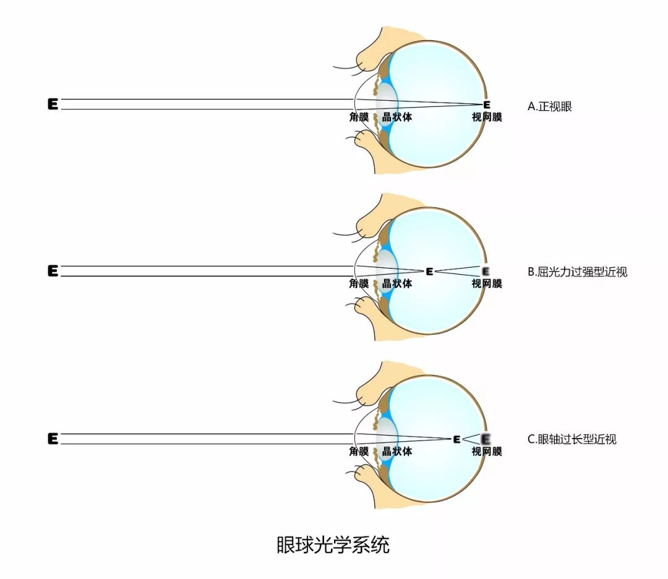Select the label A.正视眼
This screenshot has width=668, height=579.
(549, 106)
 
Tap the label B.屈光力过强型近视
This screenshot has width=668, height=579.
(577, 272)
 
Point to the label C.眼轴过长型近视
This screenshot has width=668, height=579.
(572, 440)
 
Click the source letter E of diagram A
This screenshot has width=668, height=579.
(53, 105)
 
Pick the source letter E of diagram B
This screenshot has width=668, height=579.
(53, 271)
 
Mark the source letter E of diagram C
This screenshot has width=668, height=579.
(53, 439)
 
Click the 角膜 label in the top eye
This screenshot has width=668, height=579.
(359, 117)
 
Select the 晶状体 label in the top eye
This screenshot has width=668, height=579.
(397, 117)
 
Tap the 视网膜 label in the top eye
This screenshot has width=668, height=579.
(487, 117)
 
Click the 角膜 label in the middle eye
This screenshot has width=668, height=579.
(359, 284)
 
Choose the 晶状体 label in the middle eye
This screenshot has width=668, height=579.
(397, 284)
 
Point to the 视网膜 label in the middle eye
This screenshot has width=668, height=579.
(487, 284)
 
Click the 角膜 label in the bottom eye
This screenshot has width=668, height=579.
(359, 452)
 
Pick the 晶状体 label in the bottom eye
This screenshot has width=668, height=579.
(397, 452)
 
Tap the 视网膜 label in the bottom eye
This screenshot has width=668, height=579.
(487, 452)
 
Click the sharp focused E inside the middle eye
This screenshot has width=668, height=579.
(429, 271)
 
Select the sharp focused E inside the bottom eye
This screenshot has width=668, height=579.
(456, 439)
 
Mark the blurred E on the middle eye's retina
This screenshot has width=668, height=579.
(486, 271)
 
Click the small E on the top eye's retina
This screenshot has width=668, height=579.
(486, 105)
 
